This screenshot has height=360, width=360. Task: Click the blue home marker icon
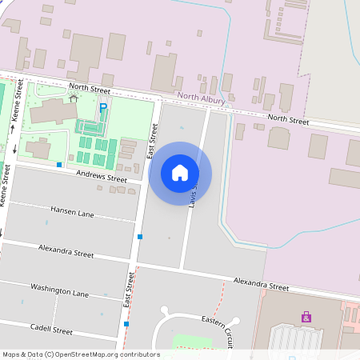point(180,173)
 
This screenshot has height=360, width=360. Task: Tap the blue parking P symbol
point(102,107)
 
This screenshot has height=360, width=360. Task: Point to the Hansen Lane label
point(72,212)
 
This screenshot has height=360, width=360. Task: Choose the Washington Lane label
point(59,290)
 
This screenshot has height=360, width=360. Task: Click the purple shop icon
point(306,318)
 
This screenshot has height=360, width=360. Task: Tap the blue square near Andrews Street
point(59,165)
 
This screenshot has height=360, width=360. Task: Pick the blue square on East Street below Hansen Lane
point(140,237)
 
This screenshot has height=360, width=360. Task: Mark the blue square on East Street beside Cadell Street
point(126,324)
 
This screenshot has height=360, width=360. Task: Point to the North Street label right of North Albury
point(288,119)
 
